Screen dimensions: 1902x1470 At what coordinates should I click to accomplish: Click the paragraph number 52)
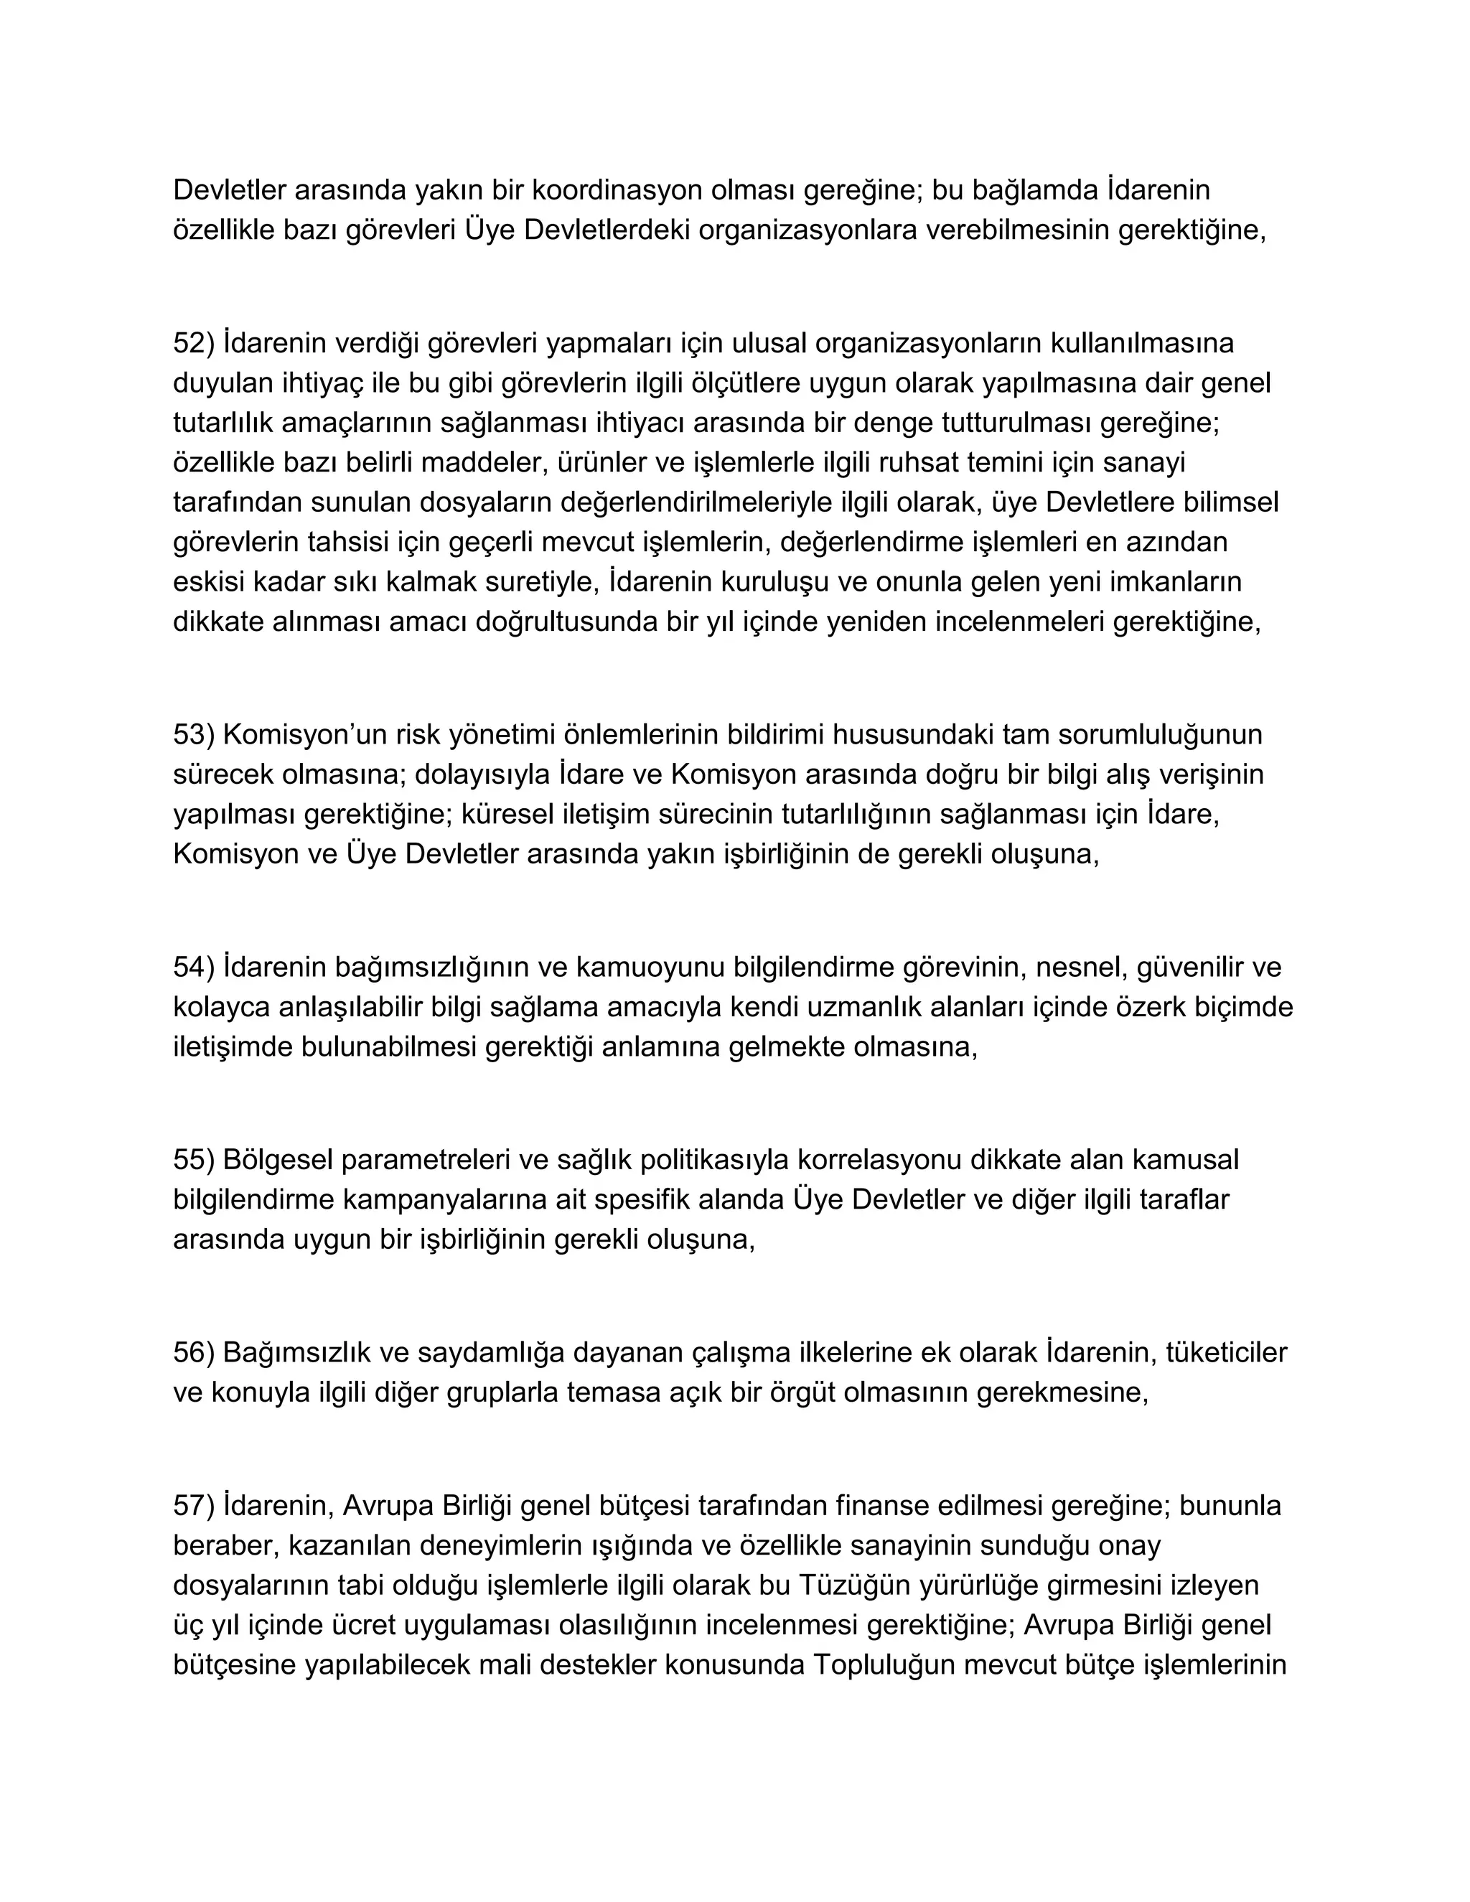tap(193, 343)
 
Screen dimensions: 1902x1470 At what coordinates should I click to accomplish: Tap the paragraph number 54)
tap(193, 967)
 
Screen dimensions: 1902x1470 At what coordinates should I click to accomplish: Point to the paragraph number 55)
tap(193, 1159)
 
